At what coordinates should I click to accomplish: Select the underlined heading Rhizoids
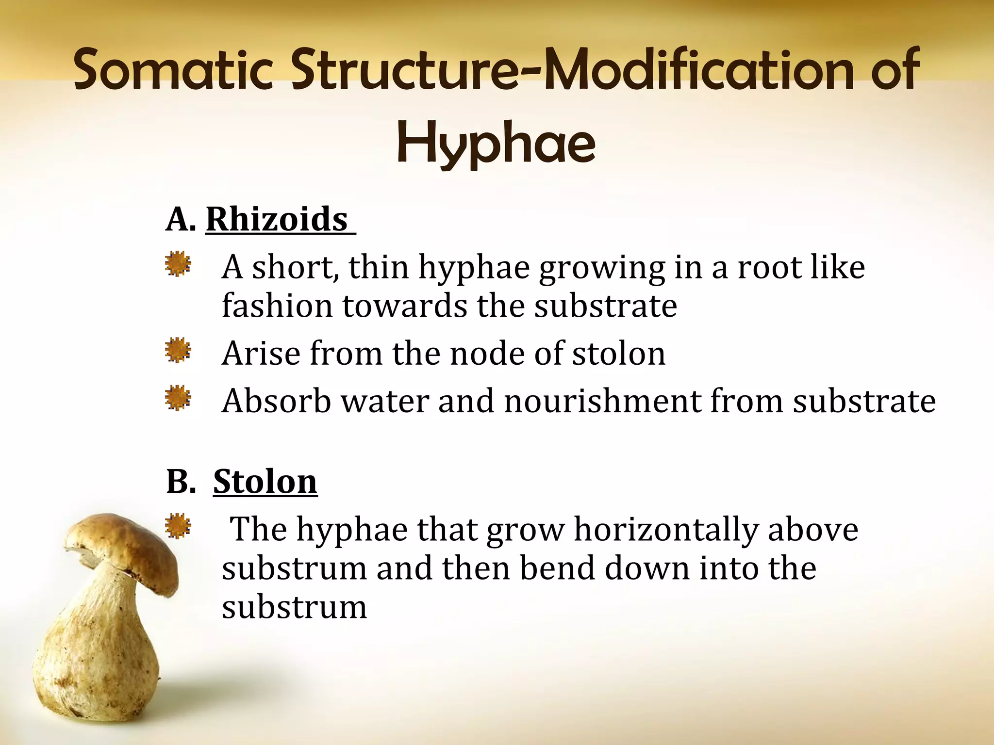click(x=277, y=219)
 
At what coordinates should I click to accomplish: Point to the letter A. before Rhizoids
click(x=181, y=220)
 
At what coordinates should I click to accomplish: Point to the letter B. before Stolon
click(x=181, y=482)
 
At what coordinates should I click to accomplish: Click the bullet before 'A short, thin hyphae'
click(x=178, y=264)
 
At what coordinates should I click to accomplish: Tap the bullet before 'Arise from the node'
click(x=178, y=350)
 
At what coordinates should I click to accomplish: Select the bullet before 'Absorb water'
click(x=178, y=398)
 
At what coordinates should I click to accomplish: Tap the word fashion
click(x=277, y=306)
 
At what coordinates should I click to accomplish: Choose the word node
click(x=487, y=354)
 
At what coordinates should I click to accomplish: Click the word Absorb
click(x=277, y=402)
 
